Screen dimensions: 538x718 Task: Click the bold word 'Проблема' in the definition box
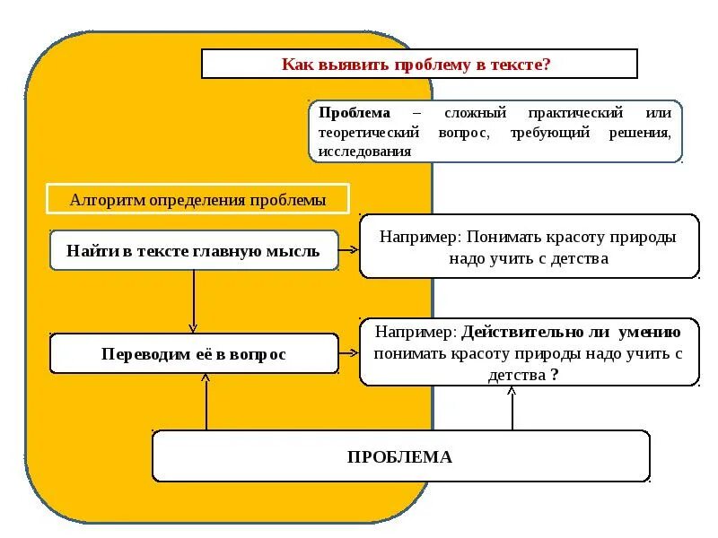tap(355, 114)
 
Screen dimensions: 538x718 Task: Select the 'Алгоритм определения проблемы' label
tap(197, 200)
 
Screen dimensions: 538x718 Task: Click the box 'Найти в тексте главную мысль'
tap(193, 250)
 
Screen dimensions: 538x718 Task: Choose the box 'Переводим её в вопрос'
tap(193, 354)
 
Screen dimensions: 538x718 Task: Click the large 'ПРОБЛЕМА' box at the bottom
tap(400, 456)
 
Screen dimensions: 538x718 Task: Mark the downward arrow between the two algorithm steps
tap(193, 301)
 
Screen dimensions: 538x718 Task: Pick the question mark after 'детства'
tap(556, 376)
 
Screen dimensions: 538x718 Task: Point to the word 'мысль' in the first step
tap(293, 251)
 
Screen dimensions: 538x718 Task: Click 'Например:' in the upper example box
tap(420, 238)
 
